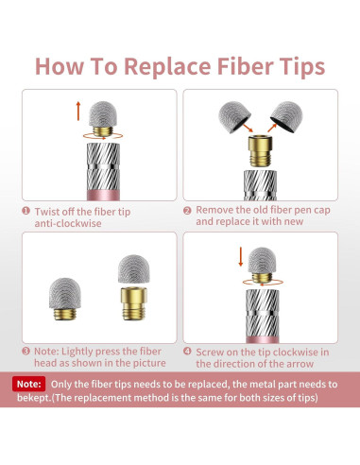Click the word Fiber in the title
245,66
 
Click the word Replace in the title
167,66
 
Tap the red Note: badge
29,384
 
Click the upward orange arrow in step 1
78,111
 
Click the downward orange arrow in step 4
241,257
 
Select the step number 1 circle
26,211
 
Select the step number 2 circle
187,211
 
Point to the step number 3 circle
26,352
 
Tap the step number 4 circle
187,351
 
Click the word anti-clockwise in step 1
68,223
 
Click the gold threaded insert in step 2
260,151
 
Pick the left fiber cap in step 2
234,117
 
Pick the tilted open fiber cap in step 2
286,116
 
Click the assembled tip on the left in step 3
65,299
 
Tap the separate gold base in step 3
134,303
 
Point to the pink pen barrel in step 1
103,196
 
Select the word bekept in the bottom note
34,398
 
